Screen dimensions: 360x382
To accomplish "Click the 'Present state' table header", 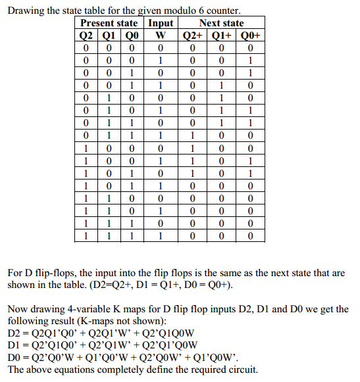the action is (109, 24).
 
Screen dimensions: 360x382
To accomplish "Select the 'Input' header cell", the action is (161, 24).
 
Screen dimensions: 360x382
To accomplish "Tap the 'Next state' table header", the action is (221, 24).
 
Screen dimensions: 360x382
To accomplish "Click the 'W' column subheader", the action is (161, 36).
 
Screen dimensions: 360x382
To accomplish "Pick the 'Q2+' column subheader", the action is (192, 36).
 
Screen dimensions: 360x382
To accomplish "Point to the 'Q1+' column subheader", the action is (222, 36).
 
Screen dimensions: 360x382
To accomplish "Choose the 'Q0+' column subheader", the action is (251, 36).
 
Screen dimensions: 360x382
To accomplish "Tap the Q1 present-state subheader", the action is (109, 36).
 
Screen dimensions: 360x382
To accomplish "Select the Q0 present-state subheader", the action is (132, 36).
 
